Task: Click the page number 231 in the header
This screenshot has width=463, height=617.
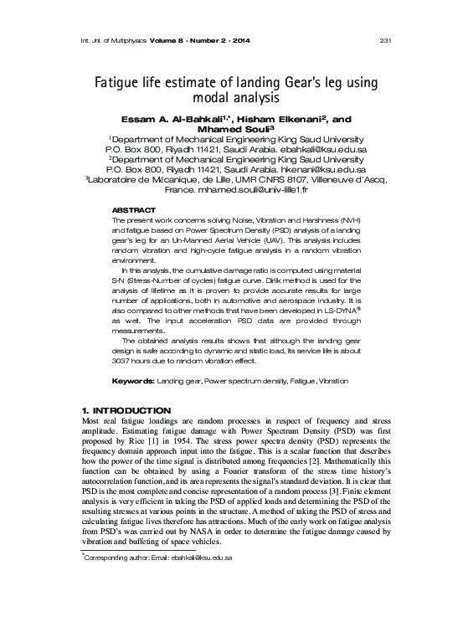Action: pyautogui.click(x=387, y=43)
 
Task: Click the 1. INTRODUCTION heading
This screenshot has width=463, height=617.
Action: pyautogui.click(x=120, y=409)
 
